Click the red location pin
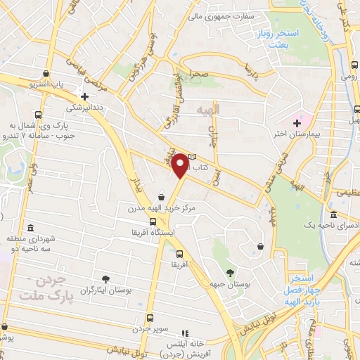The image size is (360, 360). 181,166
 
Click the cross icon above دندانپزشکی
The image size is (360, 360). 85,97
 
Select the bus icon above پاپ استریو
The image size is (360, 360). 46,73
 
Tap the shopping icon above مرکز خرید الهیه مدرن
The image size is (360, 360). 162,197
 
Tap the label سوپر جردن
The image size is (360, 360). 149,328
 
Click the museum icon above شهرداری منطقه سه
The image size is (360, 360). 30,228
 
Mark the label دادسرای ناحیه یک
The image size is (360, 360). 333,224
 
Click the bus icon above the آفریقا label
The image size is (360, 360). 179,254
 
